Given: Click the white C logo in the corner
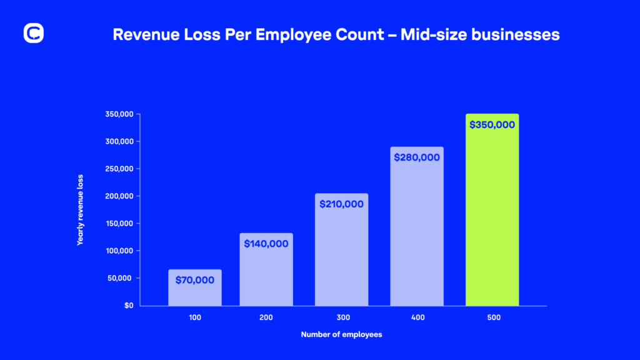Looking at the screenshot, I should point(33,34).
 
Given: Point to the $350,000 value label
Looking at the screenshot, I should point(492,124).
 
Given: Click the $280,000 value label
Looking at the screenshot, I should point(417,157).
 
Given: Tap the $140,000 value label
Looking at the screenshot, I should point(266,244).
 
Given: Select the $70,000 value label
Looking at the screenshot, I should point(195,280).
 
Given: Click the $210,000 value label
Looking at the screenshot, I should point(341,204).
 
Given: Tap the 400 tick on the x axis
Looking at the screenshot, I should point(417,318).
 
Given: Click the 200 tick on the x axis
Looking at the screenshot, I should point(266,318).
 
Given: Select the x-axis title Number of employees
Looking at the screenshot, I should point(341,335).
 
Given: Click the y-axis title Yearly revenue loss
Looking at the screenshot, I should point(80,210).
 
